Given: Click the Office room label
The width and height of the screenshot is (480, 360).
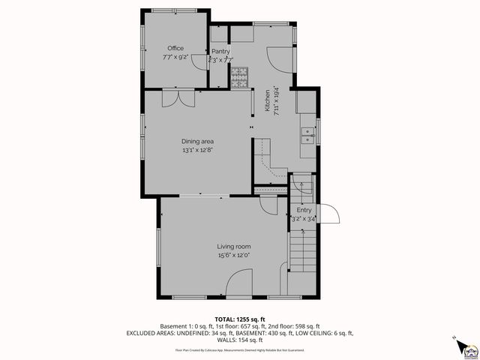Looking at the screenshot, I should tap(175, 48).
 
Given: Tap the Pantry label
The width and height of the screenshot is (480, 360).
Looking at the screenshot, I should tap(220, 51).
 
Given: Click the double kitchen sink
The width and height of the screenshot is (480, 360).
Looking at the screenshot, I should tap(307, 136).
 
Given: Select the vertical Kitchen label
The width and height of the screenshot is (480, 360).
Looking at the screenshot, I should tap(266, 101).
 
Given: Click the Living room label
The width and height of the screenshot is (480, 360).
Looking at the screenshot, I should tap(234, 246).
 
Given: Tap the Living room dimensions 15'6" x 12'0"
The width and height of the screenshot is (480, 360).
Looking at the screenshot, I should tap(234, 255).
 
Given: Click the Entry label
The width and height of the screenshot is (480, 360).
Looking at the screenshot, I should tap(304, 211).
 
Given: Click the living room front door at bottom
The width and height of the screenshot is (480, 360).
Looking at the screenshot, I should tap(239, 286).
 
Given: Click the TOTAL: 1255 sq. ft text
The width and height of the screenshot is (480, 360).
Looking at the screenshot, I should tap(239, 319).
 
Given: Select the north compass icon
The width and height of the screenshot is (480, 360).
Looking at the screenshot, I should tap(462, 346).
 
